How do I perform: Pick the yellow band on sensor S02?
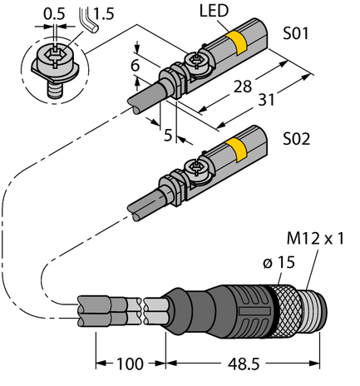(x=236, y=150)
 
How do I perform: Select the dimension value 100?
(x=130, y=364)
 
